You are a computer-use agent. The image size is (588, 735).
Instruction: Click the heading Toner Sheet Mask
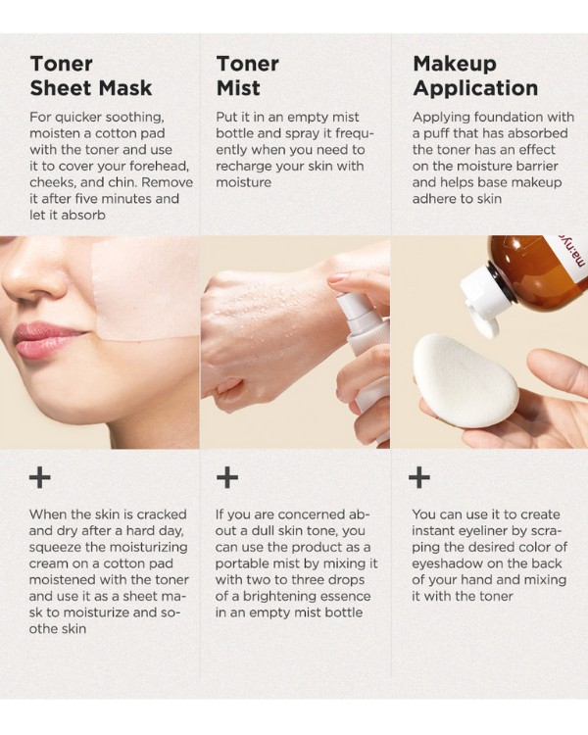point(90,76)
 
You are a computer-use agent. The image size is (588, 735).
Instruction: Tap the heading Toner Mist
point(248,76)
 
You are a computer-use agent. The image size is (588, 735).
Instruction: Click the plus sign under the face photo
point(40,477)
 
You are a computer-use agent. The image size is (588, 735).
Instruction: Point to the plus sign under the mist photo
point(227,477)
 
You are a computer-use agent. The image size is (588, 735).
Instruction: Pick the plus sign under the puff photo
point(418,477)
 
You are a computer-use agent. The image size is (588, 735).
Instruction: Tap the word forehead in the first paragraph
point(160,166)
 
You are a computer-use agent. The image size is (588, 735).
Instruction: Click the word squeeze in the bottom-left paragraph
point(59,547)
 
